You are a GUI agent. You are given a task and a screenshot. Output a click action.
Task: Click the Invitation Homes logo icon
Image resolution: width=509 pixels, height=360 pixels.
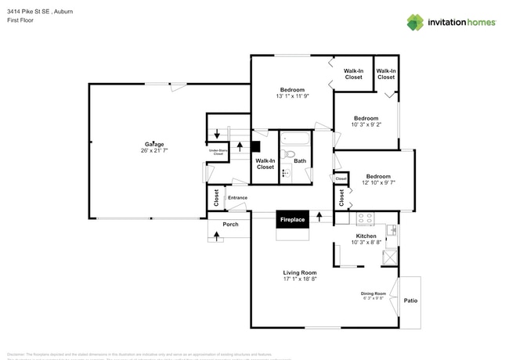pyautogui.click(x=415, y=22)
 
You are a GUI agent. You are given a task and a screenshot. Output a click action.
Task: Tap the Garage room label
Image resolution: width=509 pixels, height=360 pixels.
pyautogui.click(x=153, y=144)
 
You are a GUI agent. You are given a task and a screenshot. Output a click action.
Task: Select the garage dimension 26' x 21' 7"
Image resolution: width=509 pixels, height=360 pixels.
pyautogui.click(x=154, y=151)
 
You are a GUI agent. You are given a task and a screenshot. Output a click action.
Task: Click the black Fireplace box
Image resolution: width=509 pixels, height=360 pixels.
pyautogui.click(x=293, y=220)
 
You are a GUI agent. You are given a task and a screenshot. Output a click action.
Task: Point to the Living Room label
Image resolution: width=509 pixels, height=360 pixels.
pyautogui.click(x=299, y=272)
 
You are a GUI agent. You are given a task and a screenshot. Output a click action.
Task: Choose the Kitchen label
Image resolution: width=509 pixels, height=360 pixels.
pyautogui.click(x=366, y=236)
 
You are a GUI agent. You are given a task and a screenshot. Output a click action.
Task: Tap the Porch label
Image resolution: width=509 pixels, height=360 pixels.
pyautogui.click(x=230, y=225)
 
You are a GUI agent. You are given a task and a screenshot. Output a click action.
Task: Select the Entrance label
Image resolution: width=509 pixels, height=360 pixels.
pyautogui.click(x=237, y=197)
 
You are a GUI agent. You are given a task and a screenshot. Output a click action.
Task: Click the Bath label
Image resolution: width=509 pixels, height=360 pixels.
pyautogui.click(x=300, y=161)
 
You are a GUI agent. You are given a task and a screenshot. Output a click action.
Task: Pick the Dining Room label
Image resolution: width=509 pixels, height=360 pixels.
pyautogui.click(x=374, y=293)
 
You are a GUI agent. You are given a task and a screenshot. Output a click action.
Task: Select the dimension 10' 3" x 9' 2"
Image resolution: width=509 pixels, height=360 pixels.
pyautogui.click(x=365, y=125)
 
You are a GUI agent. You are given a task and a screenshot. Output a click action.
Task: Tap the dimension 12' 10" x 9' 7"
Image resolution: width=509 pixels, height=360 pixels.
pyautogui.click(x=378, y=183)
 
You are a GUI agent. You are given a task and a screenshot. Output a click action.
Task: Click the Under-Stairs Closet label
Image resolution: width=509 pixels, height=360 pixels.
pyautogui.click(x=218, y=152)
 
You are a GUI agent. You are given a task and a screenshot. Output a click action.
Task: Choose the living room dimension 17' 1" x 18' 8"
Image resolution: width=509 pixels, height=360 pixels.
pyautogui.click(x=299, y=279)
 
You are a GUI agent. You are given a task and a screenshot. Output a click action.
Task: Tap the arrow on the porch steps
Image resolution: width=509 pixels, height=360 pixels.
pyautogui.click(x=216, y=234)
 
